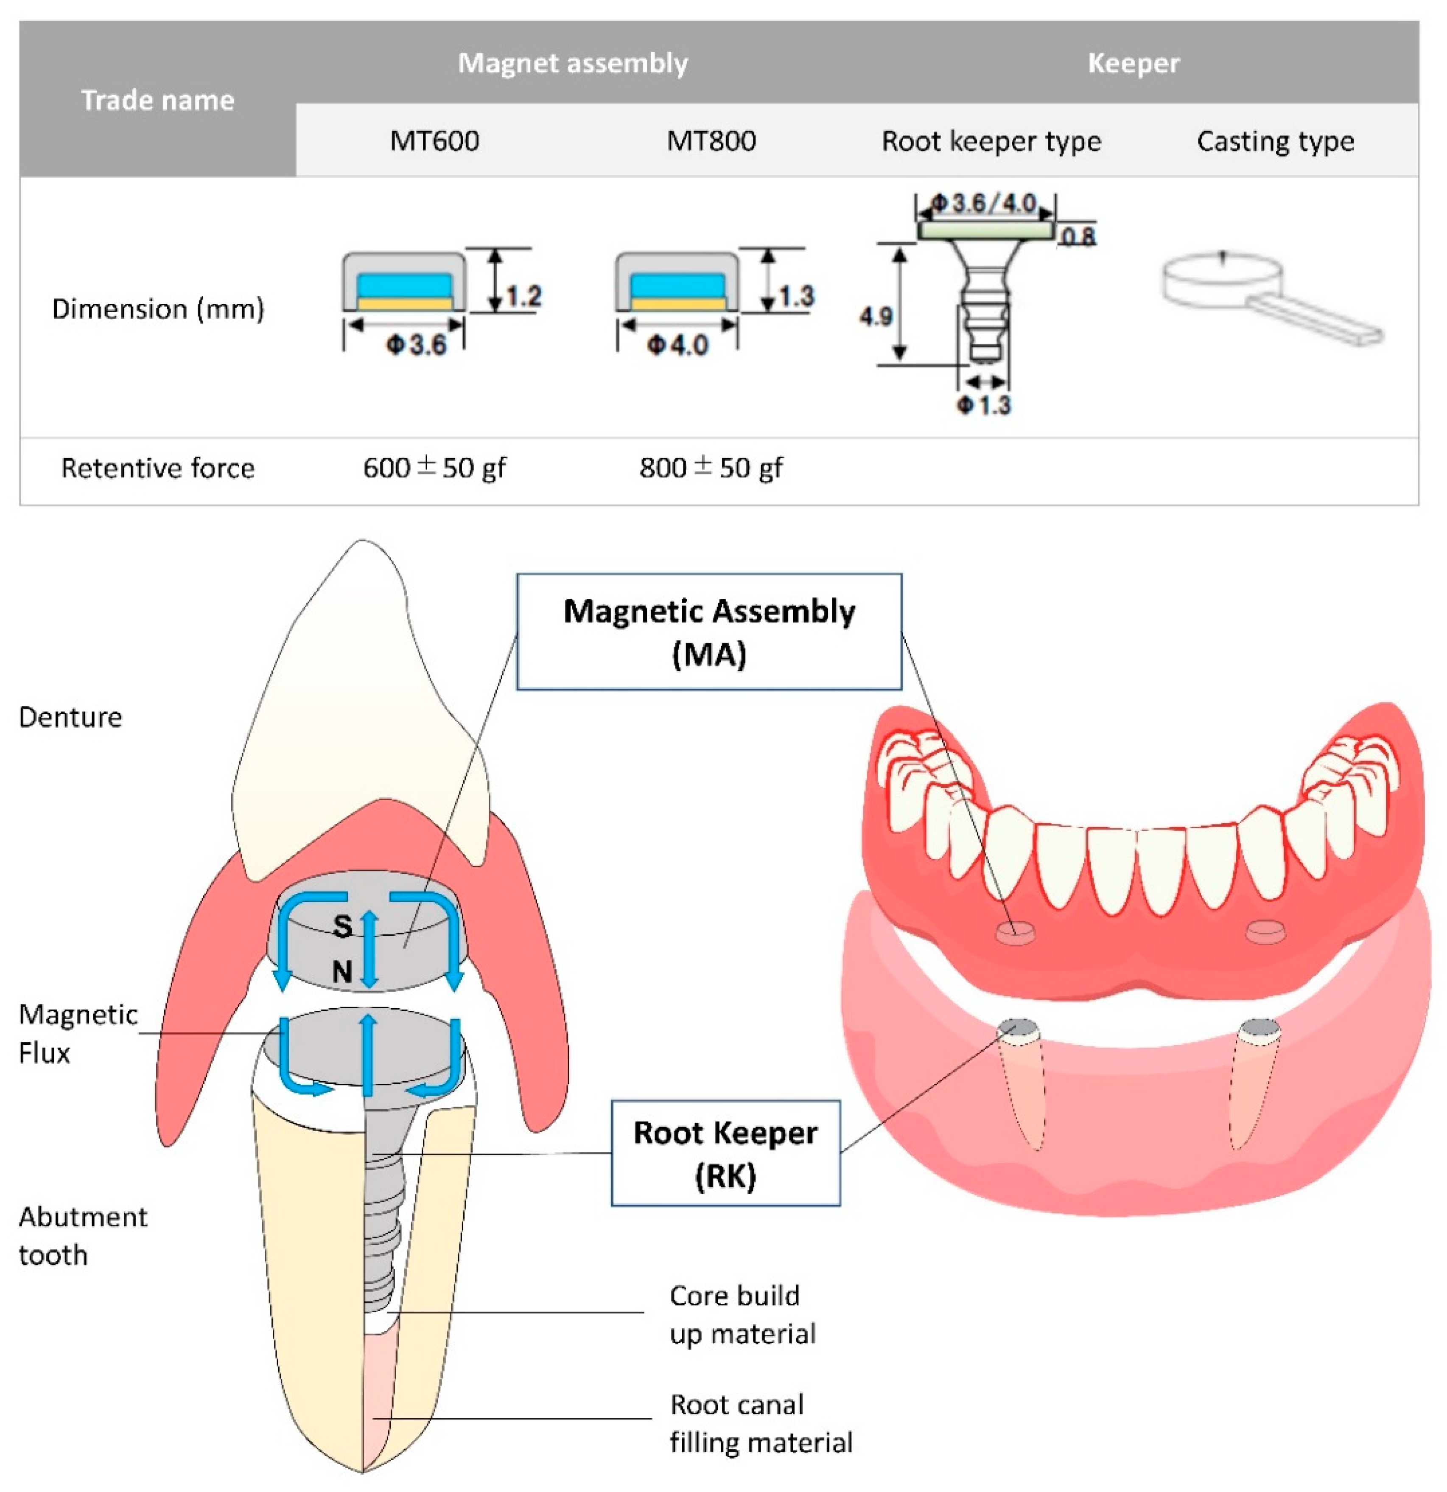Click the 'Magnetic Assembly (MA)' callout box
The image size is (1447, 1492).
709,632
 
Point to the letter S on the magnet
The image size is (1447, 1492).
342,926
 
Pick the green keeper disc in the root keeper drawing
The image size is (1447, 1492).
985,229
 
